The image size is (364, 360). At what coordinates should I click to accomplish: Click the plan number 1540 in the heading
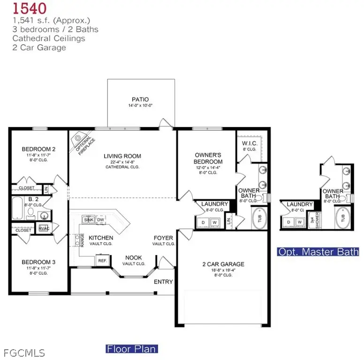pos(29,9)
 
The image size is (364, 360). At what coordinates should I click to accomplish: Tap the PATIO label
pos(140,99)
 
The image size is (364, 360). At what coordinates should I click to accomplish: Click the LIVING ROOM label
pos(122,156)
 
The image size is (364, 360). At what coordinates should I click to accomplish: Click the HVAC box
pos(44,228)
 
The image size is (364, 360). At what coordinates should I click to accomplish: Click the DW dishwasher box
pos(100,219)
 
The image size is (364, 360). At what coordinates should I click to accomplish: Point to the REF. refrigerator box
pos(102,259)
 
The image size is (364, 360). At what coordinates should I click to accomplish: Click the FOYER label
pos(164,238)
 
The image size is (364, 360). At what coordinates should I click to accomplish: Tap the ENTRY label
pos(164,282)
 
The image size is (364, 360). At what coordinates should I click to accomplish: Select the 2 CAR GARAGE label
pos(223,264)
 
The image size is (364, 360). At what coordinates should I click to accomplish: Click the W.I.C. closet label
pos(249,143)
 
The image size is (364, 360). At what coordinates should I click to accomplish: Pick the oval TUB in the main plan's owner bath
pos(259,218)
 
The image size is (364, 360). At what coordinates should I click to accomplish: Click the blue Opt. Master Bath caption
pos(318,252)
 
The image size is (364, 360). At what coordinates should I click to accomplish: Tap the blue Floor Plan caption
pos(132,349)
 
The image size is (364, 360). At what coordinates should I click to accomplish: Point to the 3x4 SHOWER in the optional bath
pos(317,219)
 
